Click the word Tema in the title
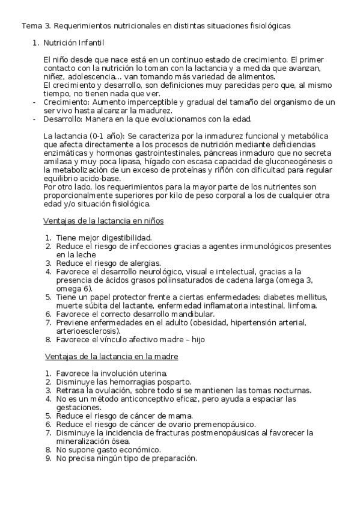click(31, 26)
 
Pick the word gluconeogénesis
click(302, 162)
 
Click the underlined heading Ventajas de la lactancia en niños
click(104, 221)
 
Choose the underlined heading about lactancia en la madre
click(111, 356)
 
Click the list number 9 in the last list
click(47, 458)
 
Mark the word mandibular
click(191, 314)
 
